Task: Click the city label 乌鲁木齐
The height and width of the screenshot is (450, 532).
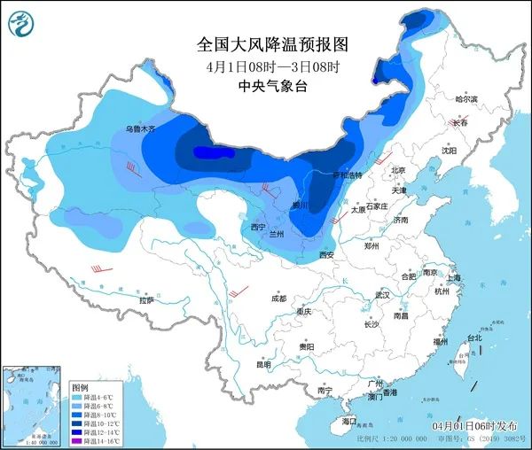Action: [x=139, y=129]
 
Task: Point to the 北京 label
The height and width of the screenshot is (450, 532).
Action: [x=396, y=170]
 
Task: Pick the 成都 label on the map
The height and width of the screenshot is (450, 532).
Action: [x=279, y=298]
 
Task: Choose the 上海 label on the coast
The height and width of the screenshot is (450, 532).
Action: [x=454, y=277]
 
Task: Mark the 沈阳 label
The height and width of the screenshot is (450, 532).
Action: [x=449, y=151]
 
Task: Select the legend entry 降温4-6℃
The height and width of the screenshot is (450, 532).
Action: [x=96, y=398]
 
